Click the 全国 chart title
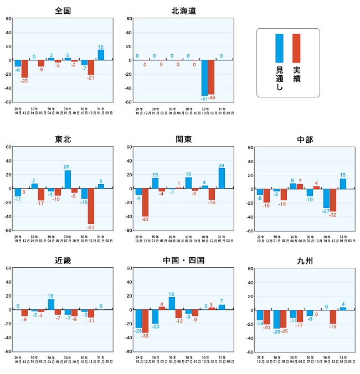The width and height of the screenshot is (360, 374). (63, 11)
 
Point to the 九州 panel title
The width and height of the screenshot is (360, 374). (305, 261)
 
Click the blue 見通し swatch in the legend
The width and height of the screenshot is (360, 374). (280, 48)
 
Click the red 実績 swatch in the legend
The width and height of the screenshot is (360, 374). (296, 48)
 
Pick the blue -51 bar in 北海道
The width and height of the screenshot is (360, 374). (204, 77)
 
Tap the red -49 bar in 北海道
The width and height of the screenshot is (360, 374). (211, 77)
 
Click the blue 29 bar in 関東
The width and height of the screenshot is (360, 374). (222, 178)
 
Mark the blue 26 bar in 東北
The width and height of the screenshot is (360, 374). (68, 179)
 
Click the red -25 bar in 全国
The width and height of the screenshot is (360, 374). (24, 69)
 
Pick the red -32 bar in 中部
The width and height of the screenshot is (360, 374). (333, 200)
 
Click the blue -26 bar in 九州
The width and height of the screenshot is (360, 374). (276, 319)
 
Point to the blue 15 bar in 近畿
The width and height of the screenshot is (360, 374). (51, 304)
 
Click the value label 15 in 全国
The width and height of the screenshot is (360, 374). (101, 47)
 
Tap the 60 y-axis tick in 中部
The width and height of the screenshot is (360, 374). (250, 147)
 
